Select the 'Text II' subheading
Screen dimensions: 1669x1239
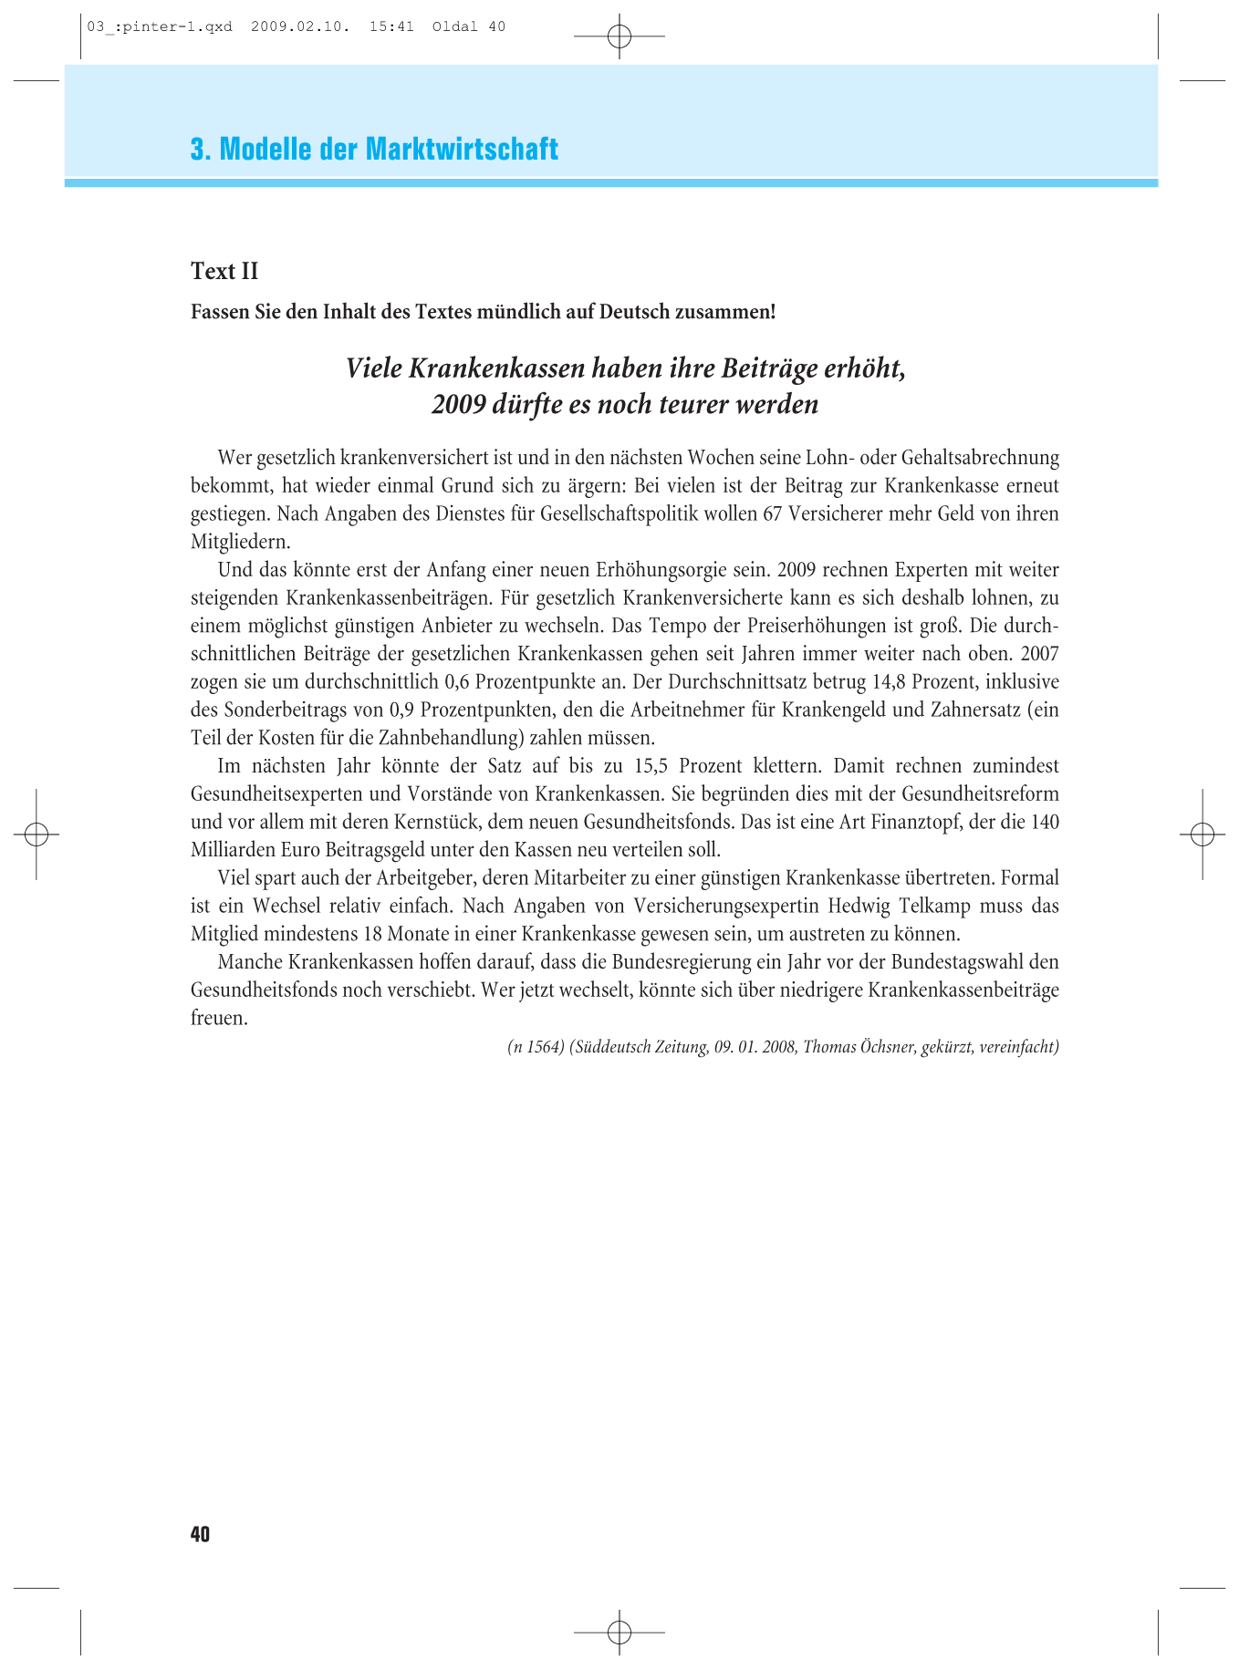[224, 271]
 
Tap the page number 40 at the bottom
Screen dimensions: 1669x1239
[200, 1534]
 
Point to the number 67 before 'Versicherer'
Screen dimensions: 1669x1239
[773, 513]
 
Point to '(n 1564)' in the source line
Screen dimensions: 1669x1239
[536, 1047]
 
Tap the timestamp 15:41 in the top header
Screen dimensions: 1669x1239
[391, 26]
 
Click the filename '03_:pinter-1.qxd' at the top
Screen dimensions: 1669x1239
[160, 26]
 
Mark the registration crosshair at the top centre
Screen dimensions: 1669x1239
[619, 36]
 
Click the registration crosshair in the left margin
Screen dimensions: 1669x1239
[36, 834]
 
